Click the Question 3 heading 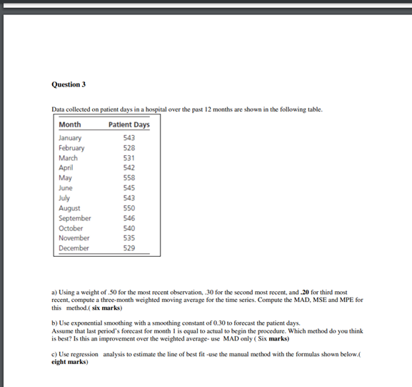coord(69,84)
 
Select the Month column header coord(69,124)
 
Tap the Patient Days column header coord(129,124)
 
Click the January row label coord(70,138)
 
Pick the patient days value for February coord(129,148)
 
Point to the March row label coord(68,158)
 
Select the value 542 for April coord(129,168)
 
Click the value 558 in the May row coord(129,178)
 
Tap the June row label coord(66,188)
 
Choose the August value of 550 coord(129,208)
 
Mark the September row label coord(74,218)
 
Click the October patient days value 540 coord(129,228)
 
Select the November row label coord(74,237)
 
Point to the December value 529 coord(129,248)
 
